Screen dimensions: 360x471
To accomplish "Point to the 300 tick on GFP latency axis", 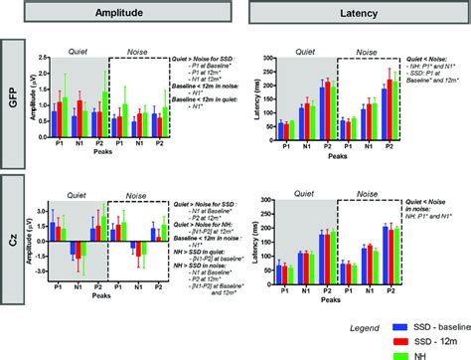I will coord(267,59).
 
